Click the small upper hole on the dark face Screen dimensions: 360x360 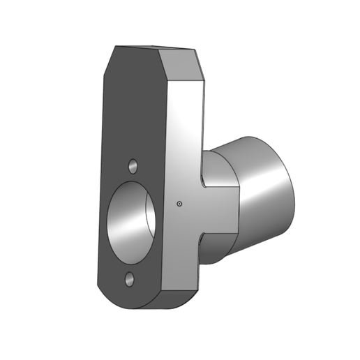(x=133, y=167)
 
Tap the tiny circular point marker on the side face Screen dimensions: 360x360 (x=179, y=204)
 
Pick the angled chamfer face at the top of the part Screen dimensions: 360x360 (x=183, y=66)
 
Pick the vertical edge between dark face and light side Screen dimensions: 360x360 (x=165, y=174)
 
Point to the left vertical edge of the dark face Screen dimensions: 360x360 (x=100, y=174)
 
